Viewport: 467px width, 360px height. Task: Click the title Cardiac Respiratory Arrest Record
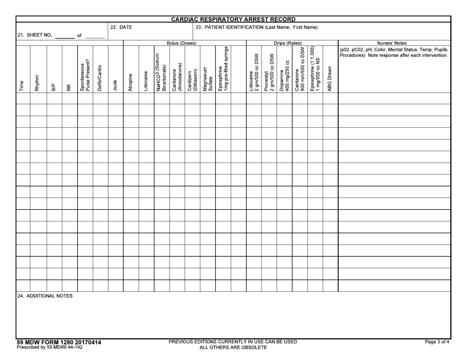coord(233,19)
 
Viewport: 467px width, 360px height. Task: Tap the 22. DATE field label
coord(120,28)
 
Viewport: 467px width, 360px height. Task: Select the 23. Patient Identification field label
coord(257,28)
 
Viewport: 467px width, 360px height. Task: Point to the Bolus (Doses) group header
coord(181,43)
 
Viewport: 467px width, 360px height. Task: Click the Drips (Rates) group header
coord(288,43)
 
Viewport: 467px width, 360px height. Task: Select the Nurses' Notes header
coord(394,43)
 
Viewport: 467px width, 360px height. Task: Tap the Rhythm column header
coord(37,80)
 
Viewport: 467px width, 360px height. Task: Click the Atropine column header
coord(130,79)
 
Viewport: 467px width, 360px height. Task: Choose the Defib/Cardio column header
coord(100,76)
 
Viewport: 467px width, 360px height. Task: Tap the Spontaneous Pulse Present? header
coord(85,74)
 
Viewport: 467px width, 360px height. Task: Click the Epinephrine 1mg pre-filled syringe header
coord(223,68)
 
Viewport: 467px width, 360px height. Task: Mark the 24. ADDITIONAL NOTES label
coord(45,296)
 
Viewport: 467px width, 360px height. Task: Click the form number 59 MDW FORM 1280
coord(59,342)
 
